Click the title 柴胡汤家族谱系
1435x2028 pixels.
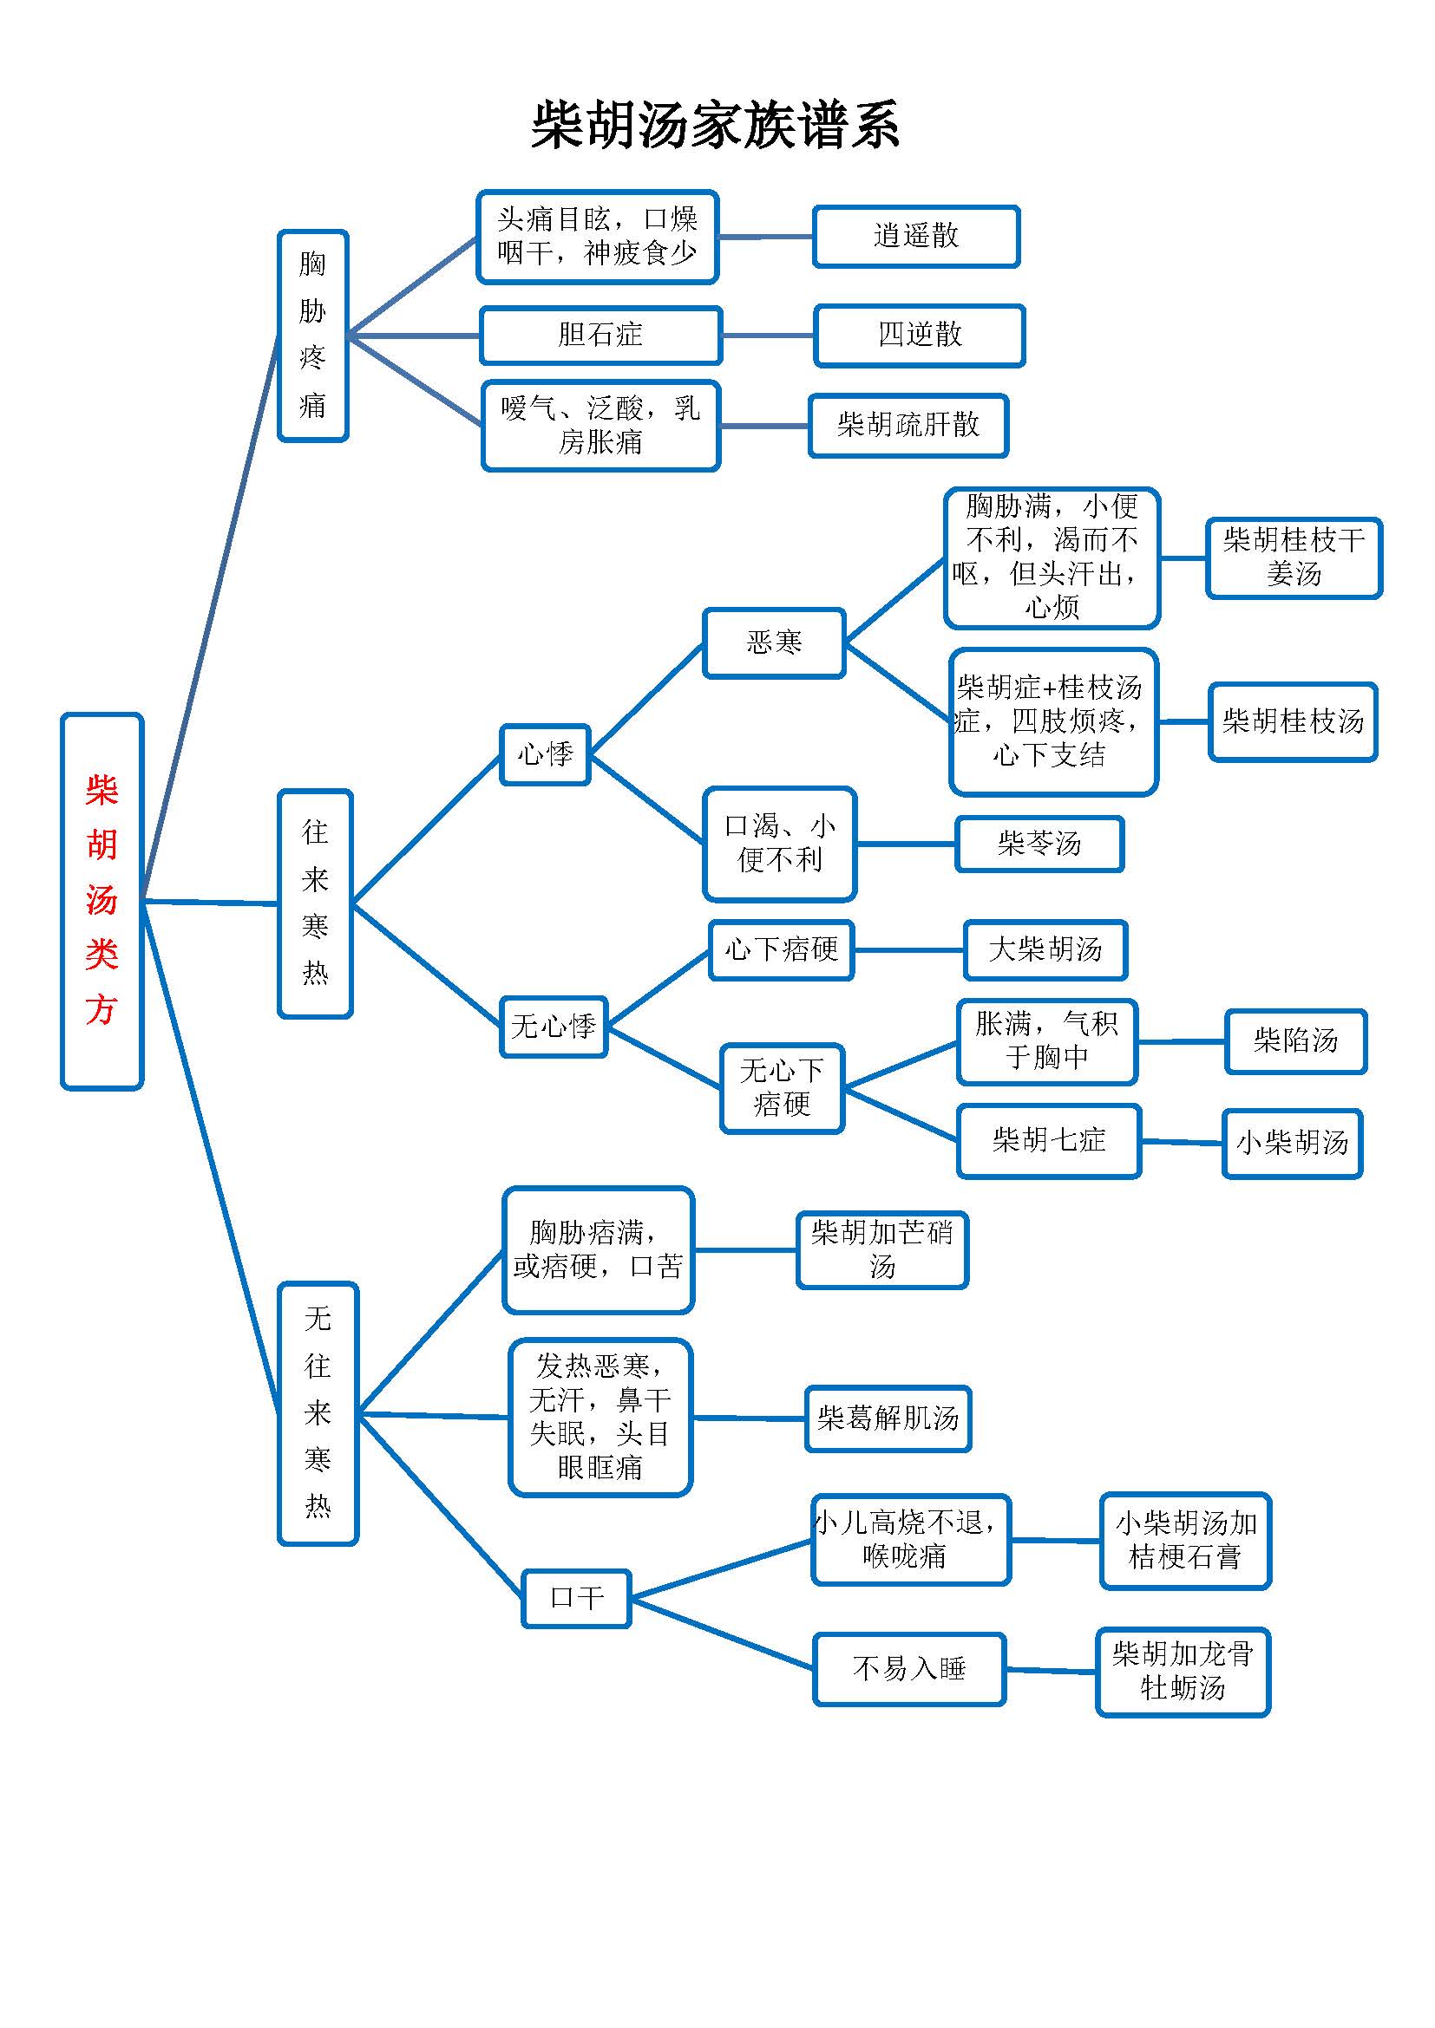point(715,125)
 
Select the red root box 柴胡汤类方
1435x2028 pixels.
point(102,901)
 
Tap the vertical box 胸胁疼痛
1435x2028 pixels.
point(313,336)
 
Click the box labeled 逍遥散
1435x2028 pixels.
point(916,236)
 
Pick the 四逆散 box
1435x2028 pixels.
point(919,335)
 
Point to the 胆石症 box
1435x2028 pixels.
point(601,335)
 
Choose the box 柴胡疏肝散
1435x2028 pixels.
point(908,425)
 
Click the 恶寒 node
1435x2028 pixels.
point(774,642)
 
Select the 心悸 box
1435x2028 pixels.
point(545,754)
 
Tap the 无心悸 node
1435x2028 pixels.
point(554,1027)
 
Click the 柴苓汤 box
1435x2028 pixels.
point(1039,844)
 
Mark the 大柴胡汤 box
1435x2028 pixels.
point(1045,949)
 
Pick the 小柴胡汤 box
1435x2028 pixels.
point(1292,1143)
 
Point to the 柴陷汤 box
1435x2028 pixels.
point(1295,1040)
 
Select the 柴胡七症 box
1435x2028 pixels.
point(1049,1140)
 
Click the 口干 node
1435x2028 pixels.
point(576,1598)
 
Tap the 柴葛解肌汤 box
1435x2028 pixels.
point(888,1418)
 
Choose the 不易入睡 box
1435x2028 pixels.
point(909,1668)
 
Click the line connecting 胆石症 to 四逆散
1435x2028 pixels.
point(768,336)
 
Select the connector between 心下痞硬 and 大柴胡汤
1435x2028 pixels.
point(909,950)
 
